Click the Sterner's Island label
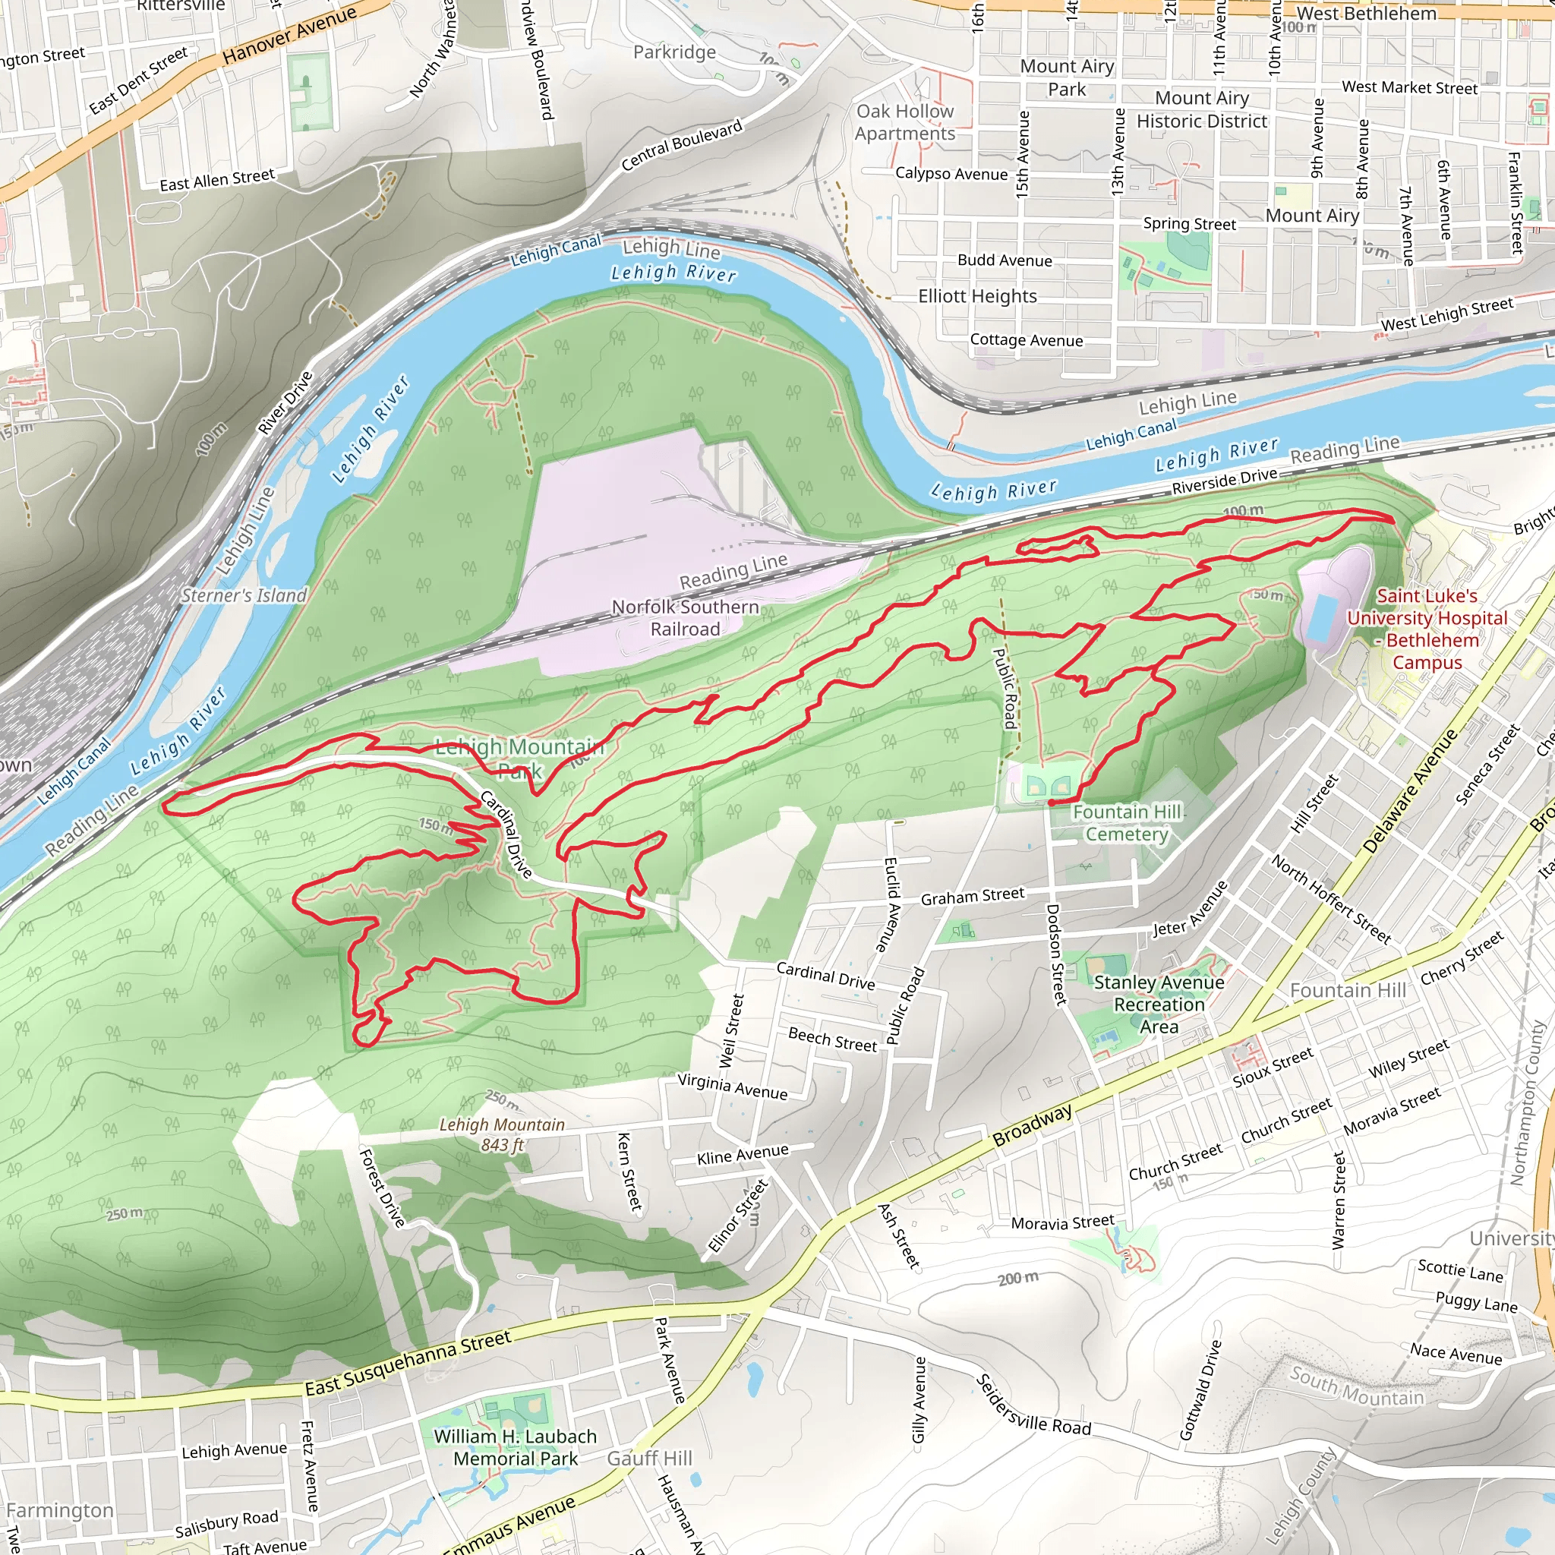point(244,595)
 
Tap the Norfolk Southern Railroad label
point(685,618)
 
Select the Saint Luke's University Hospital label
point(1427,629)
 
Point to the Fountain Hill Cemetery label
point(1126,822)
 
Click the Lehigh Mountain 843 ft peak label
point(502,1134)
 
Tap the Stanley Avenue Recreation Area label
point(1158,1005)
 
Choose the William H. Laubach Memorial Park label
point(515,1447)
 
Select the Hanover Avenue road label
point(289,35)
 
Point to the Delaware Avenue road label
point(1409,791)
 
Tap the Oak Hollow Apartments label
point(904,122)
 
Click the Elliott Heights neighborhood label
point(977,296)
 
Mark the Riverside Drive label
point(1224,481)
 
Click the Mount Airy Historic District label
point(1202,109)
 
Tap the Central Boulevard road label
point(681,146)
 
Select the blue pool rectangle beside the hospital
point(1323,619)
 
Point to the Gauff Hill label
point(649,1459)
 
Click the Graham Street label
point(973,896)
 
